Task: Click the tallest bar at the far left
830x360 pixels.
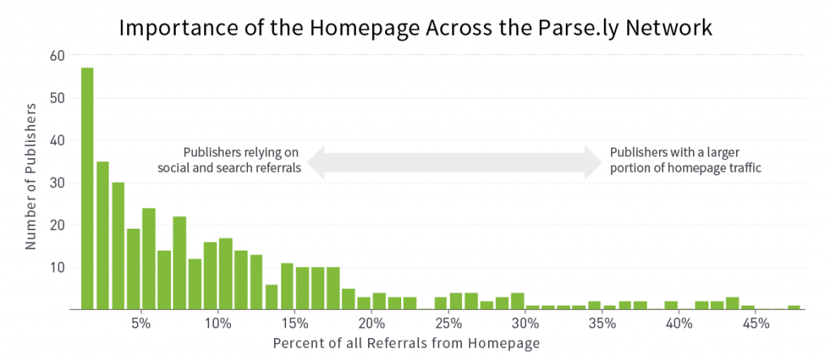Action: point(87,188)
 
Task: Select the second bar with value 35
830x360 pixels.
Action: point(103,235)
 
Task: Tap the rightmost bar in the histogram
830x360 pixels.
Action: point(794,307)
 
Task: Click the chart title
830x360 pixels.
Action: point(415,28)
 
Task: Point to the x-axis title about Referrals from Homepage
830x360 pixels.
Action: point(405,343)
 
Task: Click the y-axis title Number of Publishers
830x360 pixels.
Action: point(31,175)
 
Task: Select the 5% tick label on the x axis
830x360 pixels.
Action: point(141,324)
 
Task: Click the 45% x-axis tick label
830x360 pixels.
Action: point(755,324)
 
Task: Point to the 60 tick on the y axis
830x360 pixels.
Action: point(57,56)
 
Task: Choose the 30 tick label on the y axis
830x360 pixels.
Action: point(57,182)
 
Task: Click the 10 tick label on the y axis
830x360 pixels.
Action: point(57,267)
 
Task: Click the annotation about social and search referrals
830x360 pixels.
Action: point(242,161)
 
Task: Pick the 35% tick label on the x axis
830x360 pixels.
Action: point(601,324)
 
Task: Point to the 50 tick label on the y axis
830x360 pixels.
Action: point(57,98)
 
